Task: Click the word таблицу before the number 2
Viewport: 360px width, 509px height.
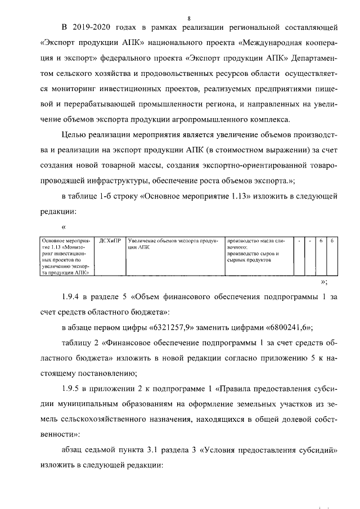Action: point(78,343)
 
